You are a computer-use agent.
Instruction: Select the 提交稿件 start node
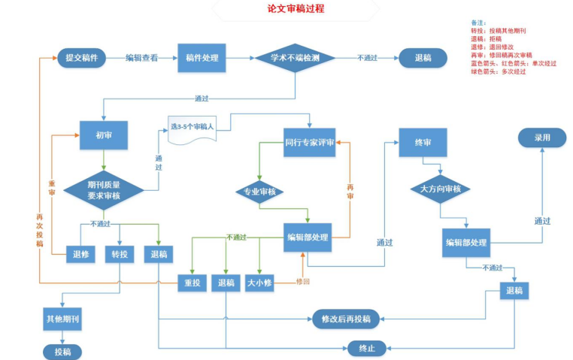(x=81, y=58)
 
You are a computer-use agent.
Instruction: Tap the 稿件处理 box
(x=202, y=58)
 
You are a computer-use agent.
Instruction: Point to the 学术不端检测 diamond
(x=295, y=58)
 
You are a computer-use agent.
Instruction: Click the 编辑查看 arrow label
(x=141, y=58)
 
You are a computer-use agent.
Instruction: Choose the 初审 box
(x=102, y=135)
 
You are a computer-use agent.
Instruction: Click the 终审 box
(x=423, y=142)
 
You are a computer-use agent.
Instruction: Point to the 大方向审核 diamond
(x=440, y=189)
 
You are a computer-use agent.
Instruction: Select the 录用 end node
(x=542, y=139)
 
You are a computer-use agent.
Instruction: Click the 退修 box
(x=81, y=254)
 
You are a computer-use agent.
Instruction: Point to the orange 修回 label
(x=303, y=282)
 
